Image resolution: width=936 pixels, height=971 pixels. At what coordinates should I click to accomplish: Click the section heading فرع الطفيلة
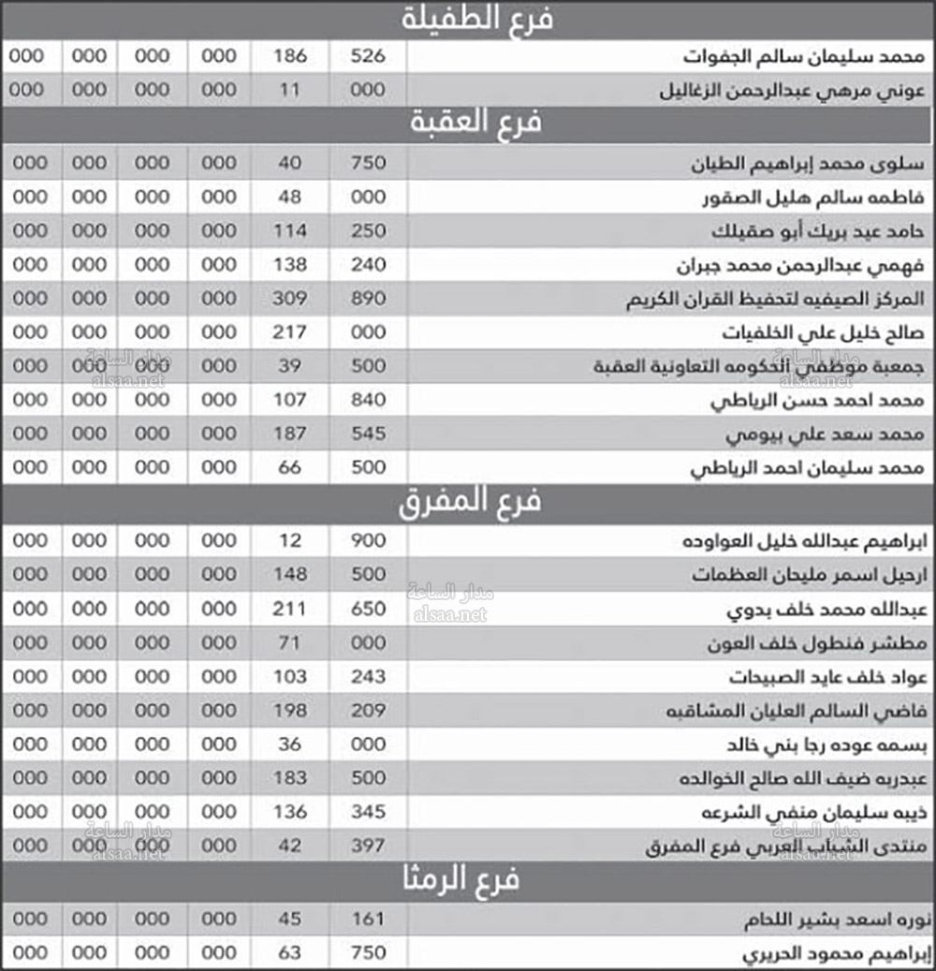476,20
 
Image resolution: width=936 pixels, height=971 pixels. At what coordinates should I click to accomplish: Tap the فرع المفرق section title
470,503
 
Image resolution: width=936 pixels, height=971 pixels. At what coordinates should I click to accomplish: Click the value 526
368,56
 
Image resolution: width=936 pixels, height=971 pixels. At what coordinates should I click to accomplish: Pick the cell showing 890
368,299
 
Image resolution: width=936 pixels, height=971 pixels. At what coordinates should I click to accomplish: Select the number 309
290,299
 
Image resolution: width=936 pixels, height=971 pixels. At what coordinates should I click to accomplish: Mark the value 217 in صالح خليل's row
290,332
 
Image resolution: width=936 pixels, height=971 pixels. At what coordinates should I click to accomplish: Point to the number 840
368,400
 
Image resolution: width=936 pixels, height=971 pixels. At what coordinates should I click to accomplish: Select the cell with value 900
368,541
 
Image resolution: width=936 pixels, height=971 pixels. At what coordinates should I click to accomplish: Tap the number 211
290,610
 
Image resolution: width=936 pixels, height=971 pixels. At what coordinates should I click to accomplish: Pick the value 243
368,677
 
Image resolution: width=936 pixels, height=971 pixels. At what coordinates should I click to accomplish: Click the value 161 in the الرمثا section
368,920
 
